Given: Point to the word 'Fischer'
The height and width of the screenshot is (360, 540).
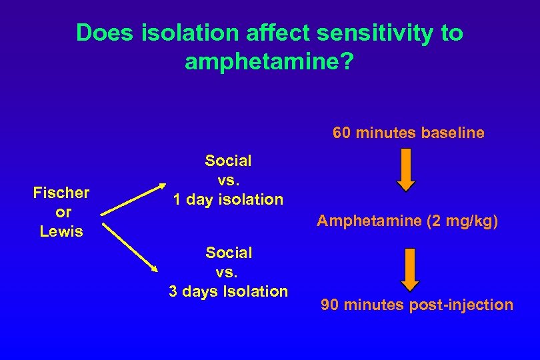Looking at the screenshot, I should tap(61, 193).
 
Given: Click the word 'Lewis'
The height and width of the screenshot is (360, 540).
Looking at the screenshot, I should tap(61, 231).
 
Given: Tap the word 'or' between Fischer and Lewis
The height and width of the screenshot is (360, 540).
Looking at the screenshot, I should tap(61, 212).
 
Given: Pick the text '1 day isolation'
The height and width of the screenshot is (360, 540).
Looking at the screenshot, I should tap(228, 199).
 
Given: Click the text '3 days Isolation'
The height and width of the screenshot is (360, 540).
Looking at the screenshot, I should tap(228, 291).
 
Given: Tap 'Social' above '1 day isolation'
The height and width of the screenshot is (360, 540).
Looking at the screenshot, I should tap(228, 161).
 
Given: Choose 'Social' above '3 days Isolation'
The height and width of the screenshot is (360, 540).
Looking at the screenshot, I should tap(228, 253).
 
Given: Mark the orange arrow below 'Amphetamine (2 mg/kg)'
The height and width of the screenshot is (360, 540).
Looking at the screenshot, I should tap(409, 268).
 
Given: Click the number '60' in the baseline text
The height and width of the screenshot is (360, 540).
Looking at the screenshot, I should tap(342, 133).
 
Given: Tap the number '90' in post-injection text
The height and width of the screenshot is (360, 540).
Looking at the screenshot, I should tap(330, 305).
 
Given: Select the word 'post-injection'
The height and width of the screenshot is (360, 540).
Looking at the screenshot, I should tap(463, 305).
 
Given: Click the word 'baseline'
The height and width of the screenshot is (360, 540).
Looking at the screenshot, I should tap(453, 133).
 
